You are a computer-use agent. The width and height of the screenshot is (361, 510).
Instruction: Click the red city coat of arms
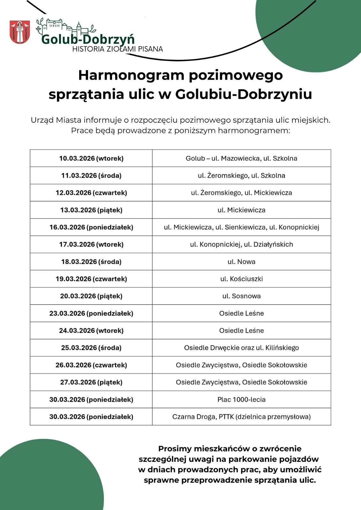click(x=20, y=32)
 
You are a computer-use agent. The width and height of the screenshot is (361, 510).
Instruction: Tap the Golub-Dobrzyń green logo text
click(x=88, y=39)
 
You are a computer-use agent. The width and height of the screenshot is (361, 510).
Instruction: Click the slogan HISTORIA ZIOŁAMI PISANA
click(x=117, y=49)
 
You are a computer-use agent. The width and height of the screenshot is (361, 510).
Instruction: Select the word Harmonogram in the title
click(x=131, y=76)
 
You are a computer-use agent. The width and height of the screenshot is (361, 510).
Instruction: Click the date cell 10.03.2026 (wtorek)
click(x=91, y=158)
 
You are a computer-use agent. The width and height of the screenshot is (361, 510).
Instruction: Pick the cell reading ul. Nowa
click(x=241, y=262)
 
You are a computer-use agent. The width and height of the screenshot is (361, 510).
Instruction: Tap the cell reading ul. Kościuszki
click(x=241, y=279)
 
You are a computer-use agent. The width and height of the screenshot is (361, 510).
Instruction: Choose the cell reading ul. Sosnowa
click(x=241, y=296)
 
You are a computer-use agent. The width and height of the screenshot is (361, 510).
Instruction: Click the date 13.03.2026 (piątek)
click(x=91, y=210)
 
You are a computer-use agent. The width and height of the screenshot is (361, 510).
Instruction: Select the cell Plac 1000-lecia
click(x=241, y=399)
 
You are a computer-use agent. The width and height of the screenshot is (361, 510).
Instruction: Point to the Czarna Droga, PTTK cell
click(x=241, y=417)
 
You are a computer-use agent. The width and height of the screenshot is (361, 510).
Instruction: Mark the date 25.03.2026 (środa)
click(x=91, y=348)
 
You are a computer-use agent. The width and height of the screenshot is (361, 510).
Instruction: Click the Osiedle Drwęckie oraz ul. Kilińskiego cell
click(x=241, y=348)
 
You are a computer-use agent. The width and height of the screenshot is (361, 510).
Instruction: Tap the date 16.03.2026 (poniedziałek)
click(x=91, y=227)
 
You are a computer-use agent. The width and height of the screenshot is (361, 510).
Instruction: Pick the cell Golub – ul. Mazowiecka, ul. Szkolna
click(x=241, y=158)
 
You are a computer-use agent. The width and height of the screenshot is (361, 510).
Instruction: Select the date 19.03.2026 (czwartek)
click(x=91, y=279)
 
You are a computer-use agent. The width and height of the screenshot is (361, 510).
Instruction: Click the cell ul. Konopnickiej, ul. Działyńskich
click(x=241, y=244)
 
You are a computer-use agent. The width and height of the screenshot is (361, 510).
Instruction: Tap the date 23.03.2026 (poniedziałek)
click(x=91, y=313)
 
